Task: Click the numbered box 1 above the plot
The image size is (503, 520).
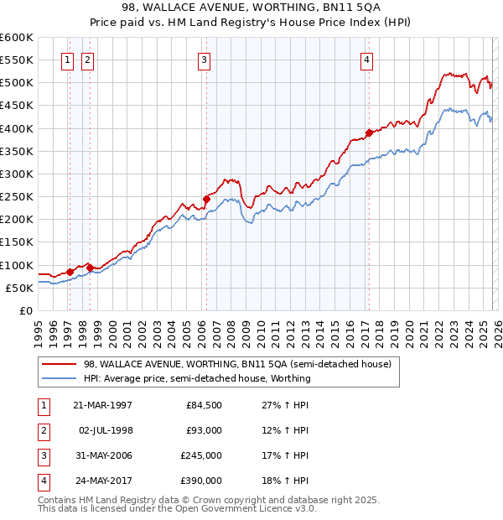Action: tap(67, 59)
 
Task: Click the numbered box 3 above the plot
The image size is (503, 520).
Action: tap(204, 59)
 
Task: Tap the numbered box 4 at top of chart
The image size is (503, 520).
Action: tap(367, 59)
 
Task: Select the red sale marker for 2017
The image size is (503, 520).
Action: tap(369, 133)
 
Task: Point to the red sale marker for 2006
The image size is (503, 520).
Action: tap(206, 199)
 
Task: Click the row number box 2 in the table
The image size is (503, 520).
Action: tap(44, 430)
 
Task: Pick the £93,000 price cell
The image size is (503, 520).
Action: tap(204, 430)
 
